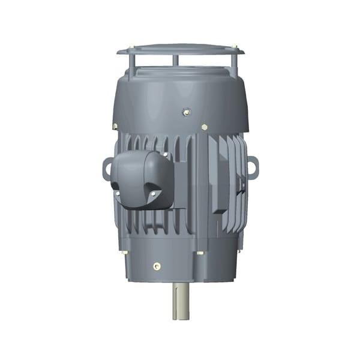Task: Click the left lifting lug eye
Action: (x=108, y=168)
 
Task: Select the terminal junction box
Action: (x=142, y=178)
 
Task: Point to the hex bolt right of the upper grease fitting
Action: (x=205, y=127)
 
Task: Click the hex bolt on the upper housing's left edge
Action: (x=114, y=126)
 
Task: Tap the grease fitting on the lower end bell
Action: (x=157, y=265)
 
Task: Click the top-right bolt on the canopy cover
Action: (x=235, y=46)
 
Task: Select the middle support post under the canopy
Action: (x=175, y=61)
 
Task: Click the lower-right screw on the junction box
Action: (x=153, y=193)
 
